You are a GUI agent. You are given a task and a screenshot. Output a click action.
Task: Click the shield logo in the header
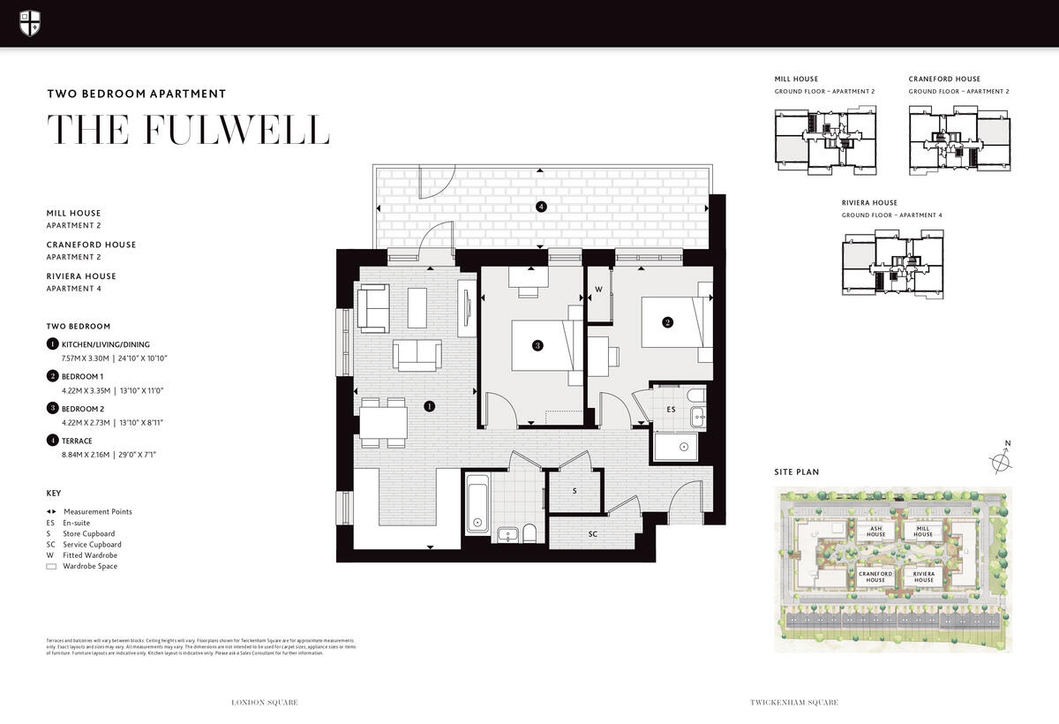click(30, 23)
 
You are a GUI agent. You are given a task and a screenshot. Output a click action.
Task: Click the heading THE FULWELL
click(188, 130)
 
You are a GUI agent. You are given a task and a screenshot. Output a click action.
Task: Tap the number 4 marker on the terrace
click(541, 207)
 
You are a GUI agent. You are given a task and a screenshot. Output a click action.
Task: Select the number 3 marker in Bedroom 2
click(537, 345)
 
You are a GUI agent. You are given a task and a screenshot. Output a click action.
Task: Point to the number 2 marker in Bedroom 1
click(667, 322)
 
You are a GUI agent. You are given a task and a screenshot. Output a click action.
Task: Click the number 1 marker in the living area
click(429, 406)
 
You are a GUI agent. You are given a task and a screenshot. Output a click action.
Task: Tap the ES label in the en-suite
click(671, 410)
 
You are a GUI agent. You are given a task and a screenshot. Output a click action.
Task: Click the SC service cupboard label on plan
click(593, 534)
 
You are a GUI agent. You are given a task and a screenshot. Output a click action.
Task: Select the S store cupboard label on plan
click(575, 490)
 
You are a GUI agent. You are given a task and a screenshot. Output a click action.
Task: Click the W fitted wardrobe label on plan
click(597, 289)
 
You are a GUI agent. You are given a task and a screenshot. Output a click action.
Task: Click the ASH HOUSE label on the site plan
click(875, 531)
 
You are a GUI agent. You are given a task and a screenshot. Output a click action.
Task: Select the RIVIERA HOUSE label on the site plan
click(923, 577)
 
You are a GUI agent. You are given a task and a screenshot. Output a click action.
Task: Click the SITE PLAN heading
click(796, 472)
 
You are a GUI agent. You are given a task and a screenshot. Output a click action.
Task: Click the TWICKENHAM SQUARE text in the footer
click(793, 703)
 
